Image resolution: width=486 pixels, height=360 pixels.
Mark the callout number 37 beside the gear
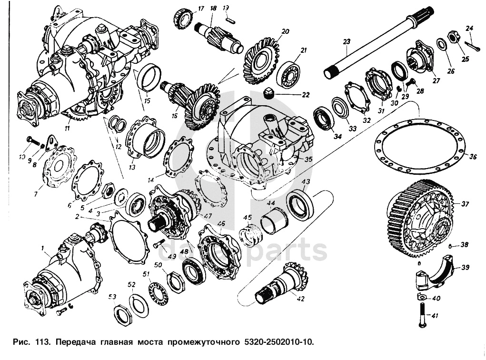click(465, 204)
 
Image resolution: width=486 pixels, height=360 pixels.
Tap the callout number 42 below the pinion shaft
click(300, 300)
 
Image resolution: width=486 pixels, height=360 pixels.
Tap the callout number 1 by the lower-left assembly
click(42, 248)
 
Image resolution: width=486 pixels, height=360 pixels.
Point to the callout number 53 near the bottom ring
click(112, 297)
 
